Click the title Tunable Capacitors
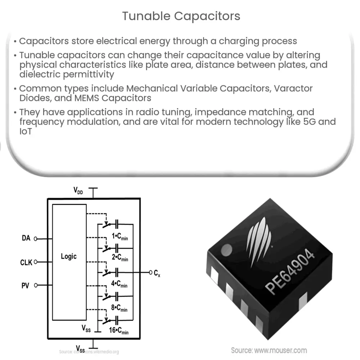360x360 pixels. coord(181,16)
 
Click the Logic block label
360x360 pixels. coord(69,257)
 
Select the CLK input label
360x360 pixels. coord(26,262)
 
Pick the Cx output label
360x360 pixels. coord(157,274)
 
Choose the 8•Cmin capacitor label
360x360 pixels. coord(118,309)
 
